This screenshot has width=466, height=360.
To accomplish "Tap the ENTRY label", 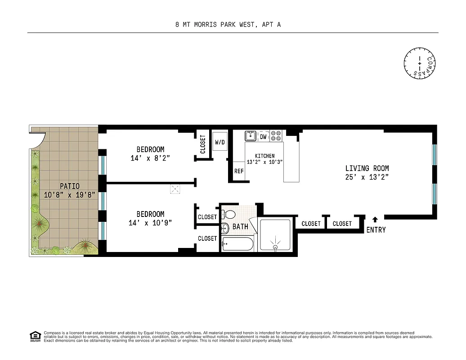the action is (376, 230).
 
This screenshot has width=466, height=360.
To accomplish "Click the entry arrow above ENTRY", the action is (376, 220).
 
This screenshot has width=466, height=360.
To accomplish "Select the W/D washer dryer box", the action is (220, 142).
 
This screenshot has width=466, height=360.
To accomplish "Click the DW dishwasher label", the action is (264, 136).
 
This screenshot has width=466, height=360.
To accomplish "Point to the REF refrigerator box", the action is (239, 171).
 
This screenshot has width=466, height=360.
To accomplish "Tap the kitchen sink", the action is (251, 136).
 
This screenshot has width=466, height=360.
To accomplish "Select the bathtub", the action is (238, 245).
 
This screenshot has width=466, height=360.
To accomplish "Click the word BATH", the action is (240, 227).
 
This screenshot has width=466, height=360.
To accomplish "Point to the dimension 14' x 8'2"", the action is (150, 158).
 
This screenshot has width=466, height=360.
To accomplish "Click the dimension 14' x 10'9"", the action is (150, 223).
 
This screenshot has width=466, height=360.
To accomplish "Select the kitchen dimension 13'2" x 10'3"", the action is (264, 162).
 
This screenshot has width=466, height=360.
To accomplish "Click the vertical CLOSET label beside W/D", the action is (203, 144).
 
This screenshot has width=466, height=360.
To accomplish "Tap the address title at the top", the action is (228, 25).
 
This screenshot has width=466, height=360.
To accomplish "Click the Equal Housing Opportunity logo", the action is (35, 336).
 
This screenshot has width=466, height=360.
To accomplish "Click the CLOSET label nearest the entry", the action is (342, 224).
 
